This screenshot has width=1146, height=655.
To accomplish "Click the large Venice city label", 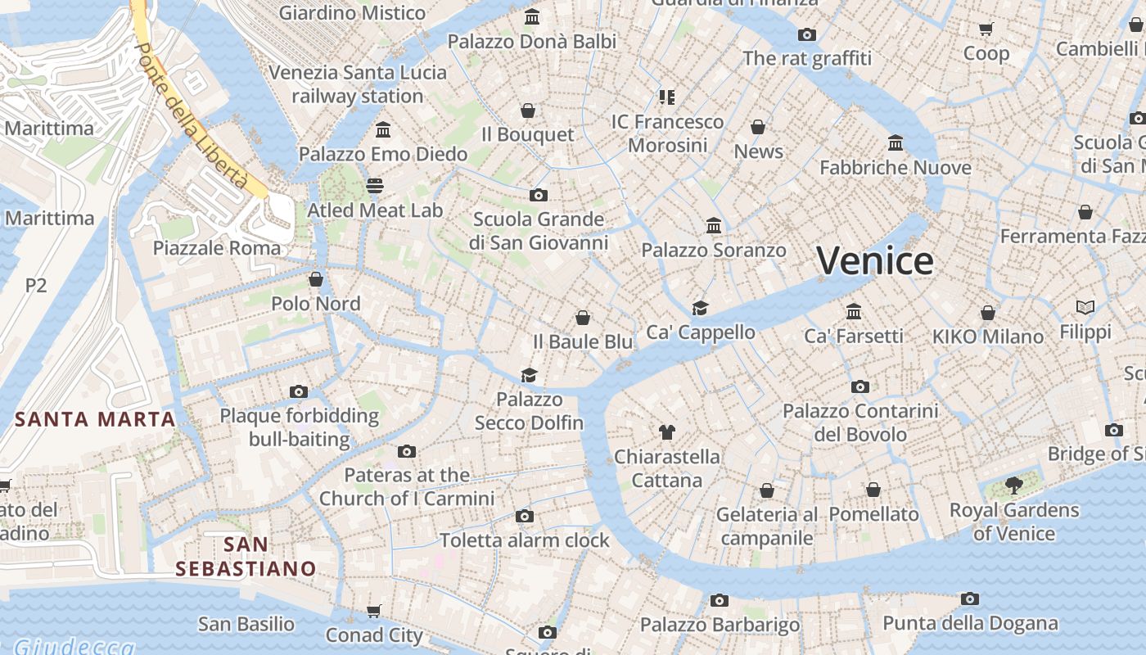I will pos(875,261).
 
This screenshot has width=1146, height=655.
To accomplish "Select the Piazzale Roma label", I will pos(217,248).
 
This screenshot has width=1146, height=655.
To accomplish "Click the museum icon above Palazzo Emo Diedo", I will pos(383,129).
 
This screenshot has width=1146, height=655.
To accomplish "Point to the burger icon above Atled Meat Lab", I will pos(375,186).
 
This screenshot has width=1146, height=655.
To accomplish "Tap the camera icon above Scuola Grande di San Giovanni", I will pos(538,195).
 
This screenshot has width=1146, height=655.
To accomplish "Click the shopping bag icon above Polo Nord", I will pos(316,279).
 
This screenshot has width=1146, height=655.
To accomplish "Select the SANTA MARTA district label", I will pos(96,420).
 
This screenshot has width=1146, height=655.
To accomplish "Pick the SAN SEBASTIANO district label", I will pos(246,556).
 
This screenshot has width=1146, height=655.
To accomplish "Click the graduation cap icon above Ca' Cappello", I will pos(700,308).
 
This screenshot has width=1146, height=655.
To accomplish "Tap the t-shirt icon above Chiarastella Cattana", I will pos(667,431).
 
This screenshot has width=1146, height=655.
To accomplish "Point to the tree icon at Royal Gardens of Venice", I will pos(1014,486).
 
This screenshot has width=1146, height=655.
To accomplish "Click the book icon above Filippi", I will pos(1085,308).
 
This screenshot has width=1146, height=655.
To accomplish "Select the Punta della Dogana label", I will pos(970,623).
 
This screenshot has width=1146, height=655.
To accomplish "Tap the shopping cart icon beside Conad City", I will pos(374,611).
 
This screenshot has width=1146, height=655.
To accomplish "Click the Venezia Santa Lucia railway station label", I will pos(358,84).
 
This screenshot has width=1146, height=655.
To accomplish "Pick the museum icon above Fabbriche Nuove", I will pos(896,143).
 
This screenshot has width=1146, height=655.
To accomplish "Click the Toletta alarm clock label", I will pos(525,540).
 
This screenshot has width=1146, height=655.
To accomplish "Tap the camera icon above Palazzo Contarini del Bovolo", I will pos(859,386).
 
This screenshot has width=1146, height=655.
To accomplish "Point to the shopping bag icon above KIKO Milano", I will pos(988,313).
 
